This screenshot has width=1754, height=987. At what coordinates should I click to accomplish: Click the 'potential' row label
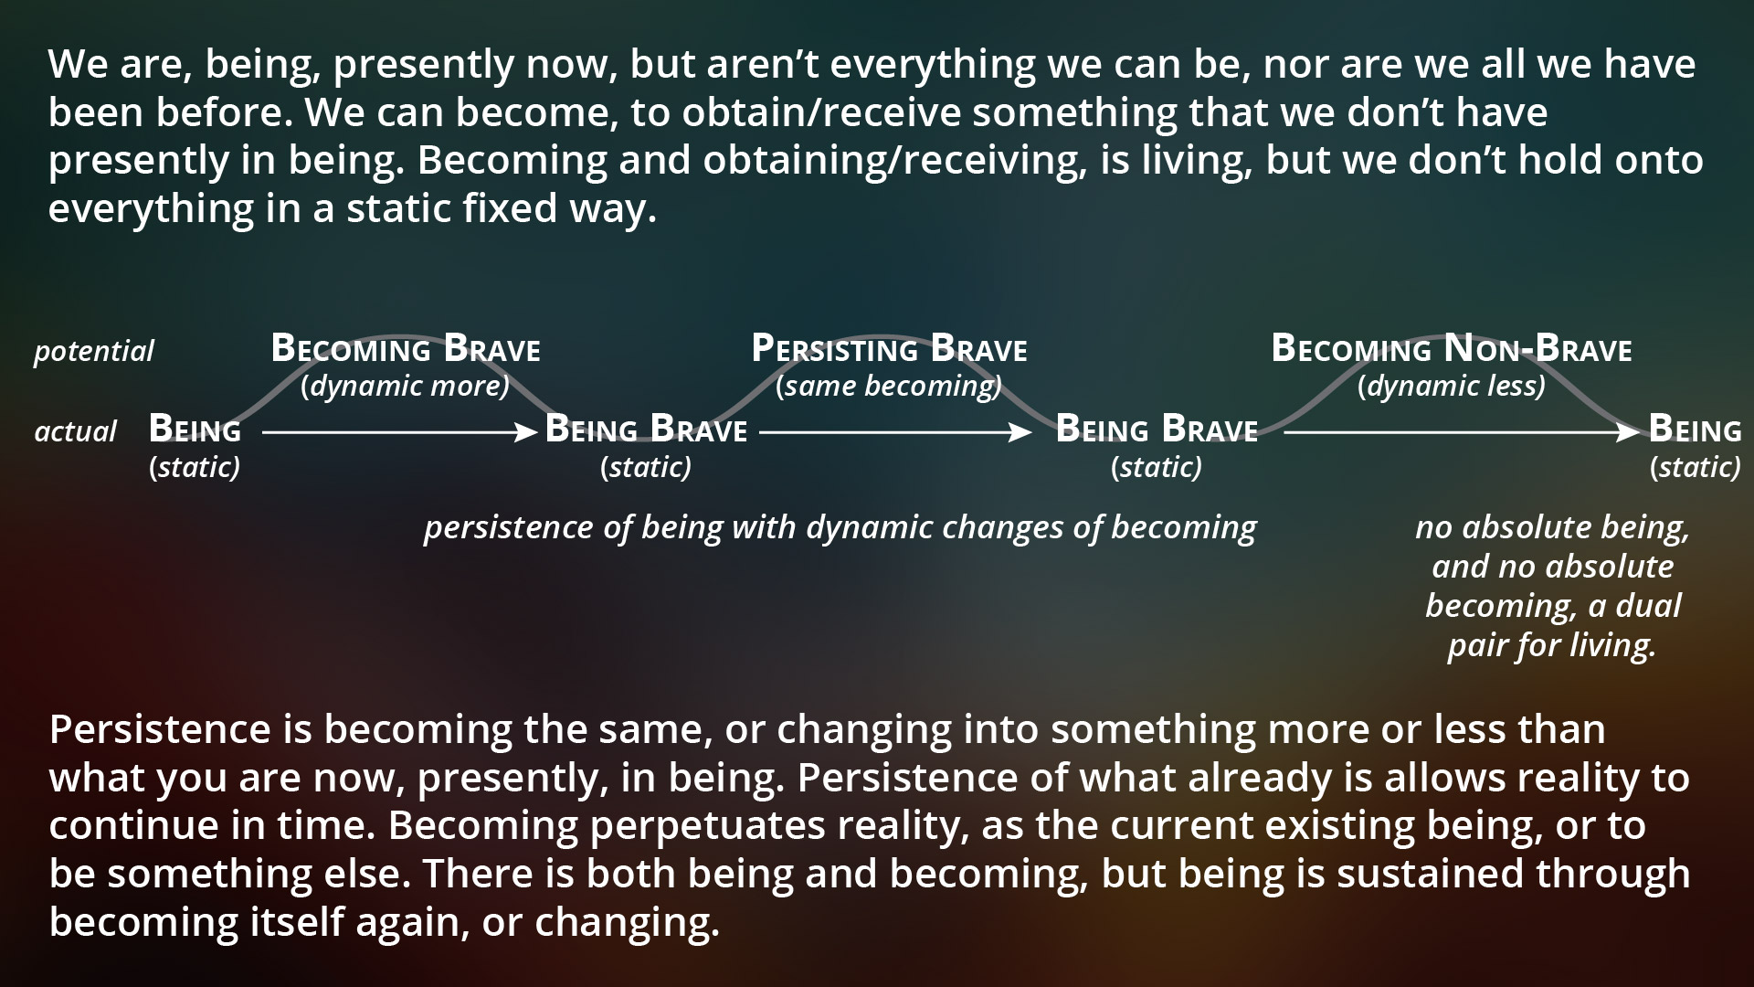[94, 352]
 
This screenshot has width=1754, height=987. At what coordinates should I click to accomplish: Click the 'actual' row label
[75, 431]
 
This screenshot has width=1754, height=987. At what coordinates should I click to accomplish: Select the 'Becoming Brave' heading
[406, 349]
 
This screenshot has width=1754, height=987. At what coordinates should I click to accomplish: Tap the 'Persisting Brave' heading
[889, 349]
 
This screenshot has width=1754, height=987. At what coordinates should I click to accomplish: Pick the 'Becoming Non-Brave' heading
[1452, 349]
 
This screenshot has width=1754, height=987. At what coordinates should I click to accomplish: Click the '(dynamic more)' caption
[406, 387]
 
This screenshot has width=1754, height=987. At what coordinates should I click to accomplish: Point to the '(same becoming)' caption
[889, 387]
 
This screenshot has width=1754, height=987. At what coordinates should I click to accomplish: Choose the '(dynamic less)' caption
[1452, 387]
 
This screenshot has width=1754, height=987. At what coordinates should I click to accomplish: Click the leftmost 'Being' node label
[195, 430]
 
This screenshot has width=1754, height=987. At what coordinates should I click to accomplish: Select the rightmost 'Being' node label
[1696, 430]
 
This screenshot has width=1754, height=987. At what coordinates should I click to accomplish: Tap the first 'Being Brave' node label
[646, 430]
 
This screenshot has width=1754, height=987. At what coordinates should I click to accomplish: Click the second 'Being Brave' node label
[1157, 430]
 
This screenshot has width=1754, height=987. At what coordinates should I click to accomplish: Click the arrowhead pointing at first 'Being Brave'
[527, 432]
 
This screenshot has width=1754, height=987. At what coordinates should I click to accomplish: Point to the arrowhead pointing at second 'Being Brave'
[1020, 432]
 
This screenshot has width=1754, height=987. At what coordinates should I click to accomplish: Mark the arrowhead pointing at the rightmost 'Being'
[1629, 432]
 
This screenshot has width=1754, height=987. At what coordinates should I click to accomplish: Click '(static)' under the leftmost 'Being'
[195, 468]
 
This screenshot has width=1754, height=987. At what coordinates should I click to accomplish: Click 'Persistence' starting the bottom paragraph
[160, 729]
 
